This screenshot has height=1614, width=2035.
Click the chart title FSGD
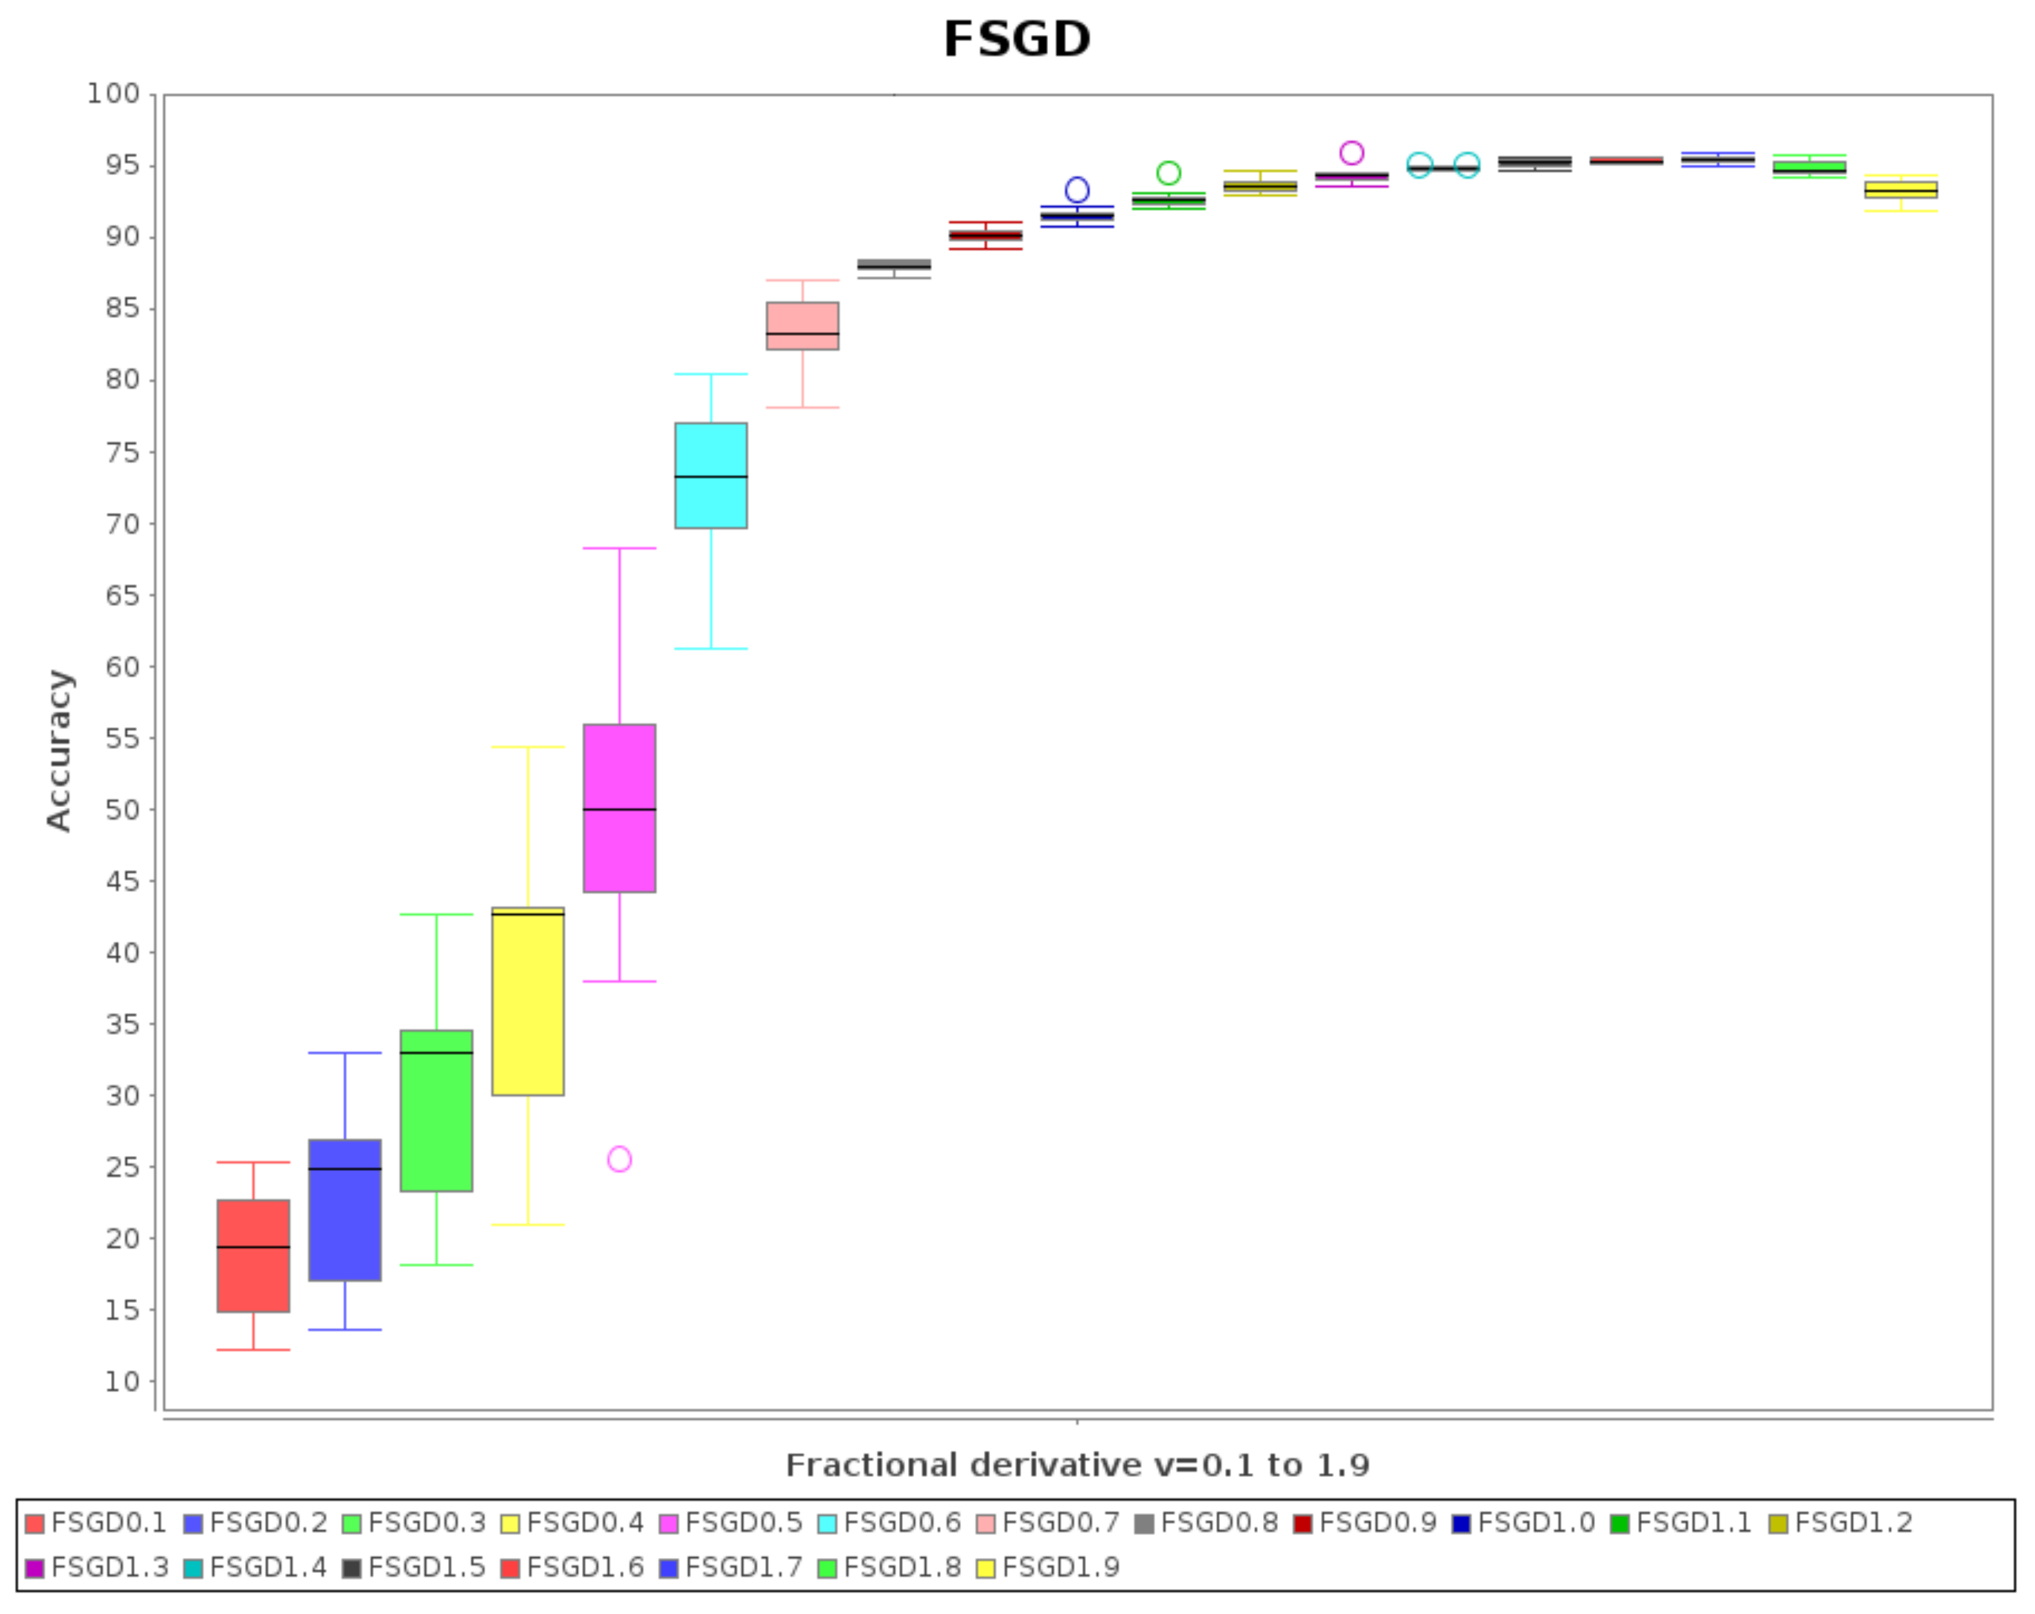click(x=1016, y=40)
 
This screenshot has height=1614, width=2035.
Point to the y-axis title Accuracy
click(x=59, y=750)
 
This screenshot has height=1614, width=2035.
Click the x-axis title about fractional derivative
click(x=1077, y=1465)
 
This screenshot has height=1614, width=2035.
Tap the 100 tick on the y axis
click(x=113, y=93)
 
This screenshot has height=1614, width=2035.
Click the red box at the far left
click(x=253, y=1255)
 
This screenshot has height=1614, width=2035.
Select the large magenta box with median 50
click(x=619, y=808)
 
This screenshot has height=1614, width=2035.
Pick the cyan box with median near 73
click(x=711, y=475)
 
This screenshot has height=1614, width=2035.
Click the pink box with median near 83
click(x=803, y=326)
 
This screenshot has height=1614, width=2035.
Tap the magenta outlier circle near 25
click(x=619, y=1159)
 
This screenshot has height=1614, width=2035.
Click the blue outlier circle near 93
click(x=1077, y=189)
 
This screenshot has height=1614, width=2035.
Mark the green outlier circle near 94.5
click(x=1168, y=173)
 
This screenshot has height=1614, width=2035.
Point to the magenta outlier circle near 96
click(x=1351, y=153)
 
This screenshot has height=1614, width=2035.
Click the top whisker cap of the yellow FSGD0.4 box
click(x=528, y=748)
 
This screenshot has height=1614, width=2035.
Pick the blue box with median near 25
click(x=345, y=1210)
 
